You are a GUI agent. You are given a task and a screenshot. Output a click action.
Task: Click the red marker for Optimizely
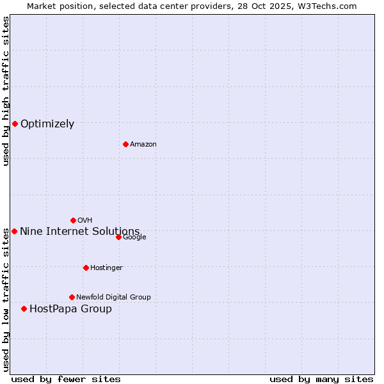(x=15, y=124)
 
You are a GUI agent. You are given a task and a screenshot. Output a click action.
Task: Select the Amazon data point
(x=125, y=144)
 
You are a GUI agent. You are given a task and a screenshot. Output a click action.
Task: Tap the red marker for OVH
(x=73, y=220)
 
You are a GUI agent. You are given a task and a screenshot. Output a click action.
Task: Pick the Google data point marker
(x=118, y=237)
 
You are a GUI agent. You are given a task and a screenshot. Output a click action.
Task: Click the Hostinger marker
(x=86, y=268)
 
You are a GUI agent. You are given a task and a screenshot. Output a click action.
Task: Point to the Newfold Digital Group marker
(x=72, y=297)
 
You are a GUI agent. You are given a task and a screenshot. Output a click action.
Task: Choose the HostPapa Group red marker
(x=24, y=308)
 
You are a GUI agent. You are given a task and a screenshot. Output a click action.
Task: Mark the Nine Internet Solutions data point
(x=14, y=231)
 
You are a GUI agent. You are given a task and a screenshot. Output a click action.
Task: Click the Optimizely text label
(x=47, y=124)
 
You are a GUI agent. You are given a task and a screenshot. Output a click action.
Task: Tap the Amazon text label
(x=143, y=145)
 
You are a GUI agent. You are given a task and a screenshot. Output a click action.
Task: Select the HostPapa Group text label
(x=70, y=309)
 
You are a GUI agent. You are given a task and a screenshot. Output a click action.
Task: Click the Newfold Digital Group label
(x=113, y=297)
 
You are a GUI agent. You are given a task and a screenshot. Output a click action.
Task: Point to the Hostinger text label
(x=106, y=268)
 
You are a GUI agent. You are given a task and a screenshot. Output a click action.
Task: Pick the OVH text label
(x=84, y=221)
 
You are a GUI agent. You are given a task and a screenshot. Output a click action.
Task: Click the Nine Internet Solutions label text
(x=79, y=231)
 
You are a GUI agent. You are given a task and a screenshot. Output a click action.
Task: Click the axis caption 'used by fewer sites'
(x=66, y=379)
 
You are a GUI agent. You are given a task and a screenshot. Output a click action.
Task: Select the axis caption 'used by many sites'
(x=321, y=379)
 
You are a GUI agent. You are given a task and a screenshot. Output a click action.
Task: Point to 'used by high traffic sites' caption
(x=6, y=91)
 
